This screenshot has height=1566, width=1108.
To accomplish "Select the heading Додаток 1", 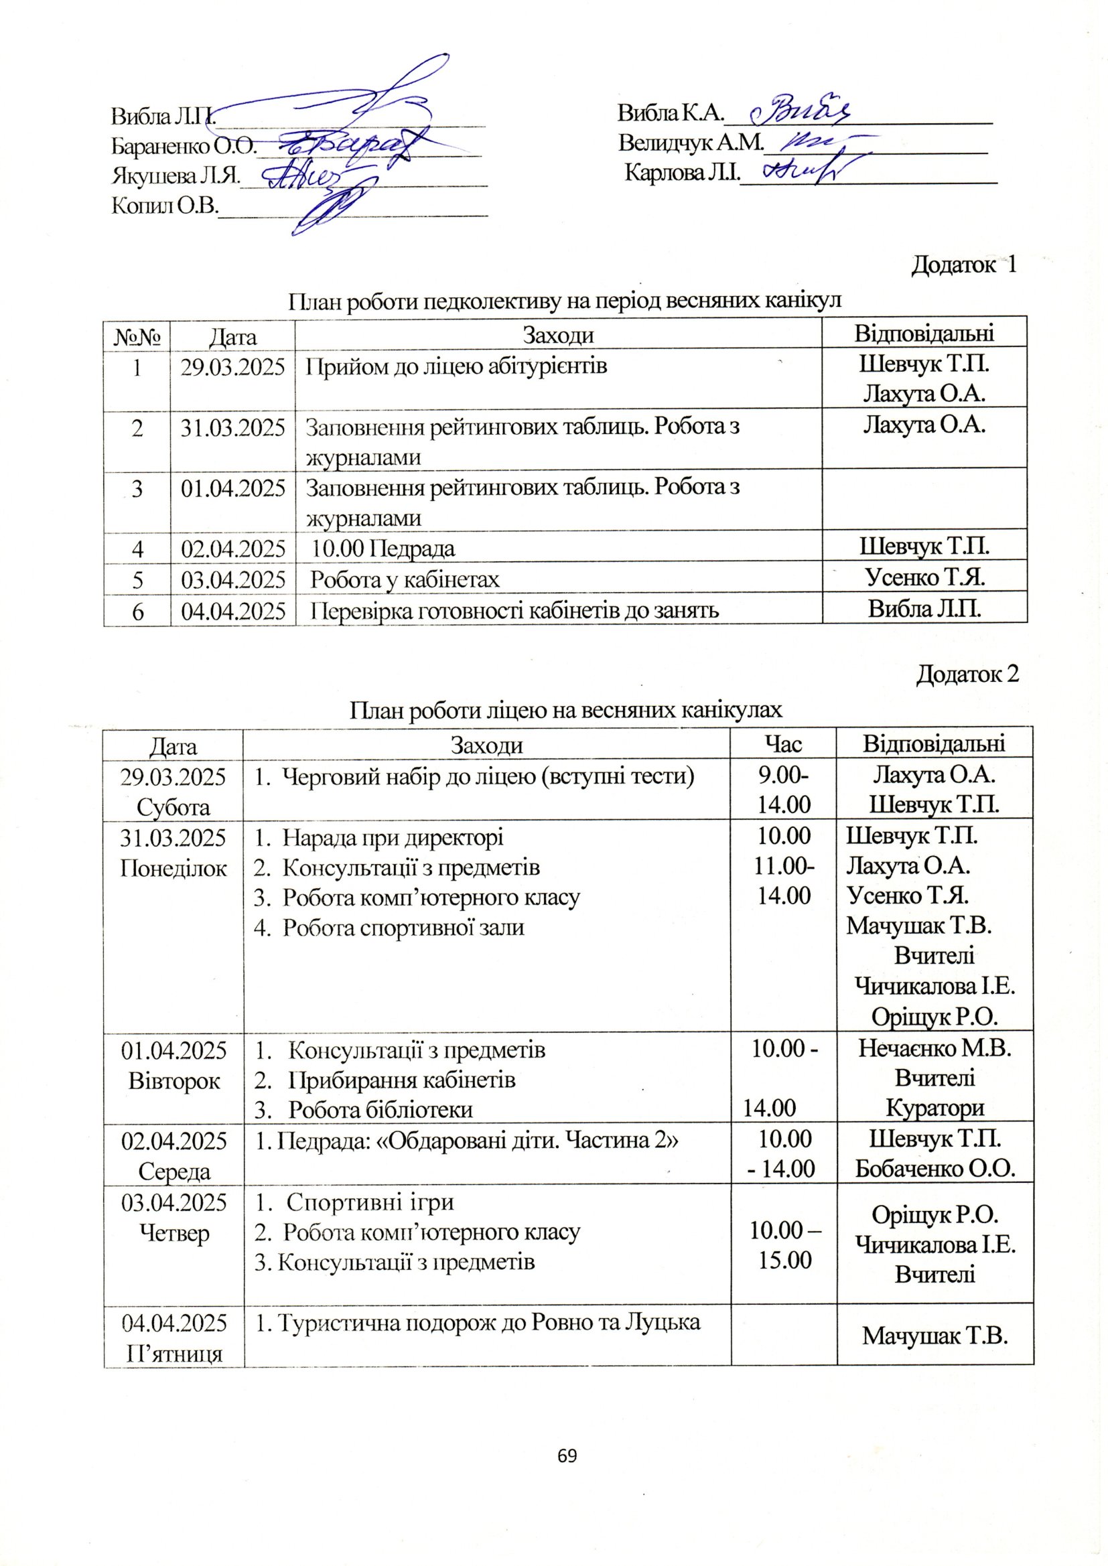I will pyautogui.click(x=964, y=265).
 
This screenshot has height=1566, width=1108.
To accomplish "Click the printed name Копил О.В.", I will pyautogui.click(x=163, y=206).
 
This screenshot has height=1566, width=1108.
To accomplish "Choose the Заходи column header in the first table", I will pyautogui.click(x=557, y=335).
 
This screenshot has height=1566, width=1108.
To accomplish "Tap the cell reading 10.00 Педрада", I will pyautogui.click(x=385, y=549).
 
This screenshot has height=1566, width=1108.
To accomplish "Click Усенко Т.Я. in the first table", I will pyautogui.click(x=924, y=579).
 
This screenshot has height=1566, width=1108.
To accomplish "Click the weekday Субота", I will pyautogui.click(x=174, y=807).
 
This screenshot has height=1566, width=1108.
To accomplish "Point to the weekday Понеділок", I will pyautogui.click(x=174, y=867).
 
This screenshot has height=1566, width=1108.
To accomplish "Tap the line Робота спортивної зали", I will pyautogui.click(x=403, y=927).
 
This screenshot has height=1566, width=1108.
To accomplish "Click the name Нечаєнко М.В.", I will pyautogui.click(x=934, y=1048).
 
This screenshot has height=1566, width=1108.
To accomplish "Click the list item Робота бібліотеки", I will pyautogui.click(x=380, y=1109).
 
